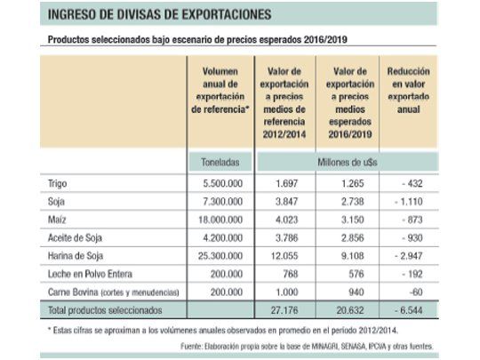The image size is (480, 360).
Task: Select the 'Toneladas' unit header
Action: pos(218,163)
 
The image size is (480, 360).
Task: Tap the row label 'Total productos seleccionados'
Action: pos(101,311)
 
